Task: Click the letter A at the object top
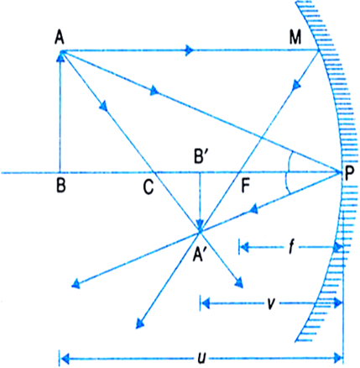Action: pyautogui.click(x=60, y=37)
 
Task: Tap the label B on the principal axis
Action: pyautogui.click(x=61, y=186)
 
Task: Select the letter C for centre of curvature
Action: pyautogui.click(x=148, y=187)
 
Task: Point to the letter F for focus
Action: pyautogui.click(x=245, y=186)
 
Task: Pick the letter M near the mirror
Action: pyautogui.click(x=295, y=38)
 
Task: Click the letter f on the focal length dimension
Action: pyautogui.click(x=291, y=248)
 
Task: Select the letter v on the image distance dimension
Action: pyautogui.click(x=270, y=303)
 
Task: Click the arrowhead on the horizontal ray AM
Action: pyautogui.click(x=190, y=50)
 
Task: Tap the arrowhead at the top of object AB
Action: pyautogui.click(x=60, y=55)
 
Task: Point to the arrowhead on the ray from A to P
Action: pyautogui.click(x=154, y=91)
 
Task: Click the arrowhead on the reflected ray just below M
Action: pyautogui.click(x=296, y=85)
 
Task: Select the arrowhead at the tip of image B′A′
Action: pyautogui.click(x=200, y=225)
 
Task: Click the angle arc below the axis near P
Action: pyautogui.click(x=287, y=183)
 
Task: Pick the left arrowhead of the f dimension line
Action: pyautogui.click(x=244, y=247)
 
